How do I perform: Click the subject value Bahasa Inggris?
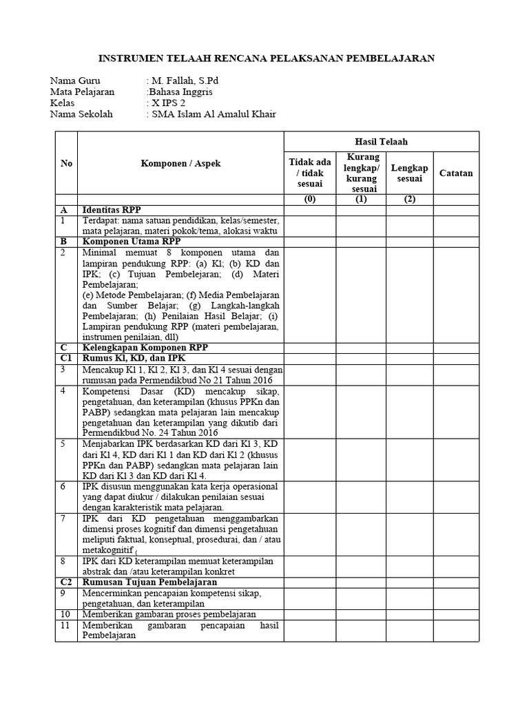[180, 92]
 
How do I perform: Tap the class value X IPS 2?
[169, 103]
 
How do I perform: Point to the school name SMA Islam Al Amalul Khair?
[214, 114]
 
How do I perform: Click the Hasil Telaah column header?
[380, 141]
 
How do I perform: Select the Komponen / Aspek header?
[180, 163]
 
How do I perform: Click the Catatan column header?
[456, 173]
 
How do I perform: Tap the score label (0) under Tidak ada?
[310, 200]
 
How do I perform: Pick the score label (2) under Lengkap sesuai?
[409, 200]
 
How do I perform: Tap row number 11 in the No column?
[65, 625]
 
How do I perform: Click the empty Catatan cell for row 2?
[456, 295]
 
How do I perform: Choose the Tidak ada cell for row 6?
[310, 496]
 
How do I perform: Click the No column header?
[66, 163]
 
